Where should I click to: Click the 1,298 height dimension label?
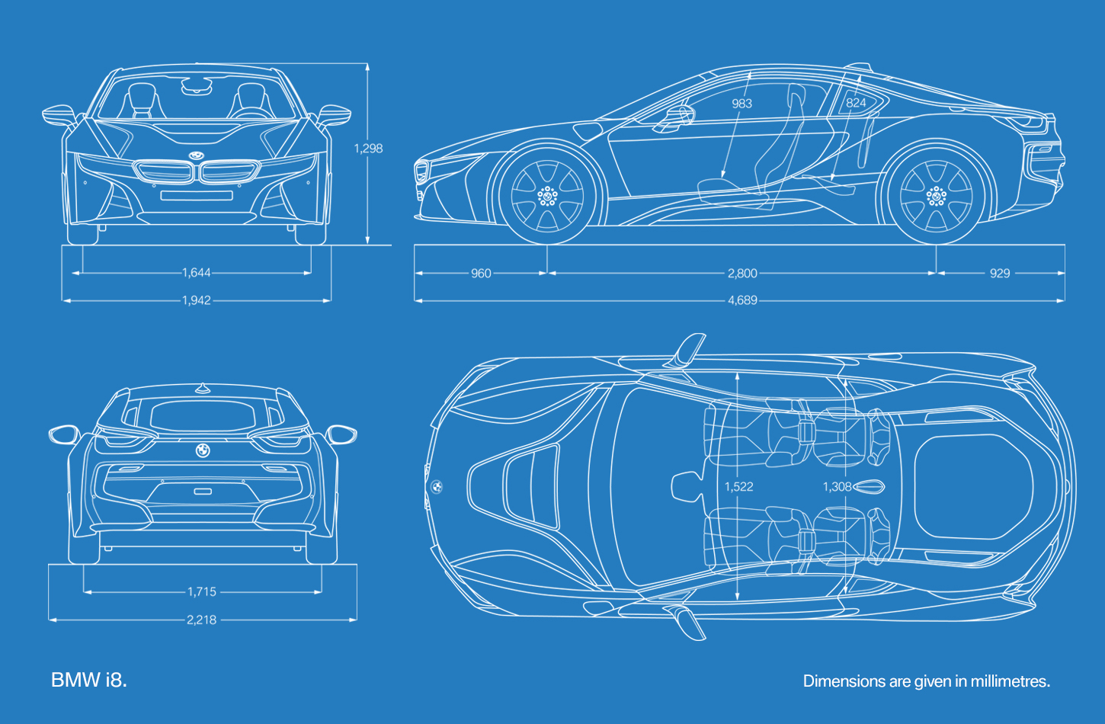point(369,149)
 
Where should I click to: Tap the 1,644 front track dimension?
point(197,273)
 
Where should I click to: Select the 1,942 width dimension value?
point(197,300)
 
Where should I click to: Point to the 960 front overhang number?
point(481,274)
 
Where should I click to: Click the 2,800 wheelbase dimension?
point(742,274)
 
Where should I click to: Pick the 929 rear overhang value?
point(1000,274)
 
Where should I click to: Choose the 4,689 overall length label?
point(742,300)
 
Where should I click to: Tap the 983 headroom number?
point(742,104)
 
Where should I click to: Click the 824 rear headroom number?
point(856,103)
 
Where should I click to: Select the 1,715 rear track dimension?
point(202,592)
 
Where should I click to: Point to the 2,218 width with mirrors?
point(202,620)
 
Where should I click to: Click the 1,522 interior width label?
point(739,487)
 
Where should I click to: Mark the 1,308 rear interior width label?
point(838,487)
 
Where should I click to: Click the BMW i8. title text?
point(89,680)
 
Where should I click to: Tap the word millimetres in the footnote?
point(1011,681)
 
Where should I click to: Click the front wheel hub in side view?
point(548,197)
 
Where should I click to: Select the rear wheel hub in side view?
point(937,197)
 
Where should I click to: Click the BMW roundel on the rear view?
point(203,450)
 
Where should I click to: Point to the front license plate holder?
point(197,195)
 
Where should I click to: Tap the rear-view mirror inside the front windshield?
point(197,87)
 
